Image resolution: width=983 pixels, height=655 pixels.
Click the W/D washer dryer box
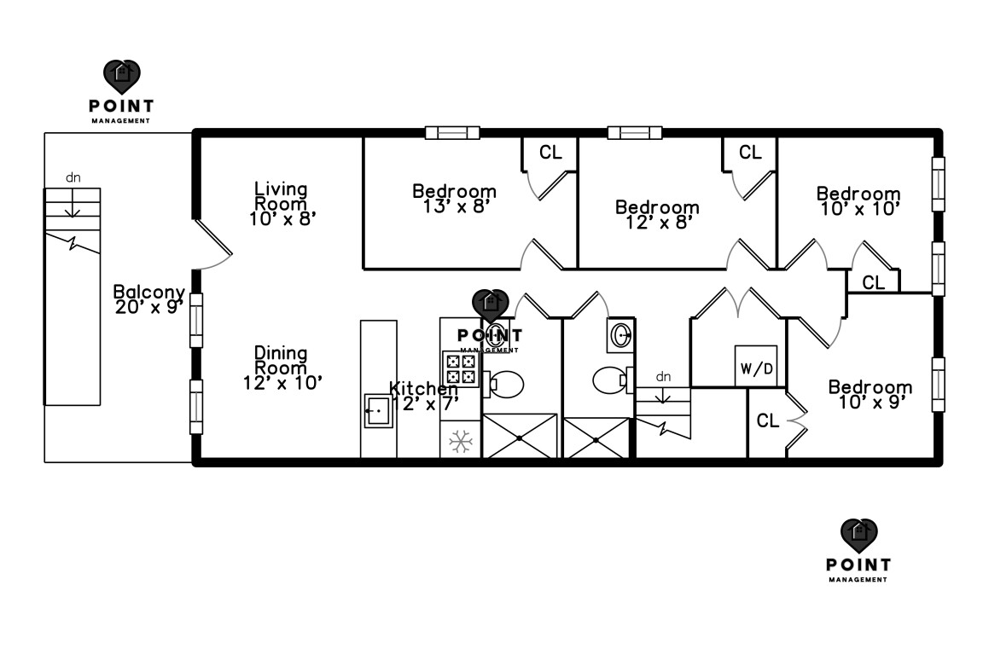[x=756, y=367]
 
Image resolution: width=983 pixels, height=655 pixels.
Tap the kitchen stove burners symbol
[x=461, y=367]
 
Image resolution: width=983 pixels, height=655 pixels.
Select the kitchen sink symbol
[x=377, y=410]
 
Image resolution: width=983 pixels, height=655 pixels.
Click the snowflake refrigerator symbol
[x=462, y=441]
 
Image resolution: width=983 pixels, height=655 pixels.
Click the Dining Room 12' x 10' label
[x=281, y=368]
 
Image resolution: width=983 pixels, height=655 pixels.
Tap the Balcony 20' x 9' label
[x=149, y=299]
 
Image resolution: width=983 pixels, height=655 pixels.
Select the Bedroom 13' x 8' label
[x=454, y=198]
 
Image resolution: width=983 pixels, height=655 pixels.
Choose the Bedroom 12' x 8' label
[x=657, y=214]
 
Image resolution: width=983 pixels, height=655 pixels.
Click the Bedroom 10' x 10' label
[x=858, y=200]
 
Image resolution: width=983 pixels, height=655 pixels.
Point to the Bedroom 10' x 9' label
[x=870, y=395]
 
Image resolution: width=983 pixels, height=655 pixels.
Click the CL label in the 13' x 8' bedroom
[x=551, y=153]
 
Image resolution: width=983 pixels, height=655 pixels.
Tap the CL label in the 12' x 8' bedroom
[x=750, y=153]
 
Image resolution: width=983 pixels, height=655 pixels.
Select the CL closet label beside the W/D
[x=768, y=420]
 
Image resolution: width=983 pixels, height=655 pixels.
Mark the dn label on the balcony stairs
[x=73, y=178]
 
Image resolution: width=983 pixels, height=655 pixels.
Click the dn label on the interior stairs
[x=663, y=376]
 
